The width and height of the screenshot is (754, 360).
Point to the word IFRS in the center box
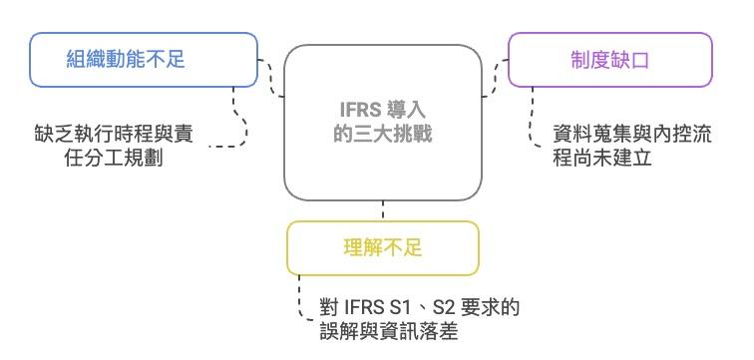click(x=355, y=111)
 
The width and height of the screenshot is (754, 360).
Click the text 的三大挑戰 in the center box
click(x=383, y=132)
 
